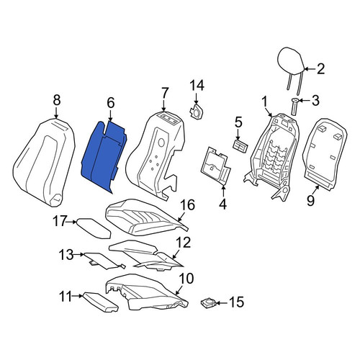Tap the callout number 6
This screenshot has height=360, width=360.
click(x=111, y=103)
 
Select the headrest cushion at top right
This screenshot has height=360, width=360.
click(x=291, y=60)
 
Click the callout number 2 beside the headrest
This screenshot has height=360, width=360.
click(x=320, y=69)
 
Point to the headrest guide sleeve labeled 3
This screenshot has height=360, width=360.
click(x=295, y=107)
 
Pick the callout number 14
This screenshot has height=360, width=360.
click(x=197, y=85)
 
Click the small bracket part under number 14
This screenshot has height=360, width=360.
click(x=197, y=112)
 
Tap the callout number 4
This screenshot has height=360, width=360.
click(x=222, y=204)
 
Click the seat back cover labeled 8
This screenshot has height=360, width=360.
click(x=44, y=162)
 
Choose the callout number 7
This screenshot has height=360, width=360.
click(x=164, y=93)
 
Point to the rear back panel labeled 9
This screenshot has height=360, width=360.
click(x=325, y=153)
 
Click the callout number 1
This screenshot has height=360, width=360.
click(x=264, y=102)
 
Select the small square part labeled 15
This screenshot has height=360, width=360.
click(x=209, y=303)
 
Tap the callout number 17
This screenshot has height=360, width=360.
click(x=59, y=221)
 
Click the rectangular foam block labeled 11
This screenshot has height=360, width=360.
click(x=100, y=302)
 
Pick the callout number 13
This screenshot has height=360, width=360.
click(x=66, y=255)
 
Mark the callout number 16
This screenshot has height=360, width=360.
click(x=188, y=205)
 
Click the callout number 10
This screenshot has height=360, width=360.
click(x=186, y=279)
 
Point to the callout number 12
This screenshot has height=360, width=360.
click(x=184, y=243)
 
